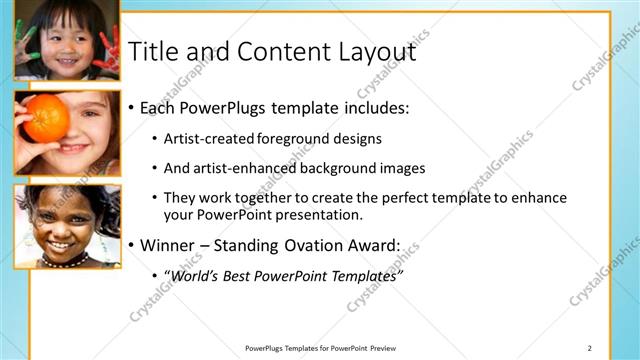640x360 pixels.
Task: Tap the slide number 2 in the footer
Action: click(x=589, y=348)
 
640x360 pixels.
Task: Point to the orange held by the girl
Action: click(x=46, y=118)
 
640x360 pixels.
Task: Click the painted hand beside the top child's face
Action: click(x=104, y=48)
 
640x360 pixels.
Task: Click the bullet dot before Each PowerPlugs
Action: click(x=131, y=107)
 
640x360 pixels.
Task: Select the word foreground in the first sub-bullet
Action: click(x=291, y=138)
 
